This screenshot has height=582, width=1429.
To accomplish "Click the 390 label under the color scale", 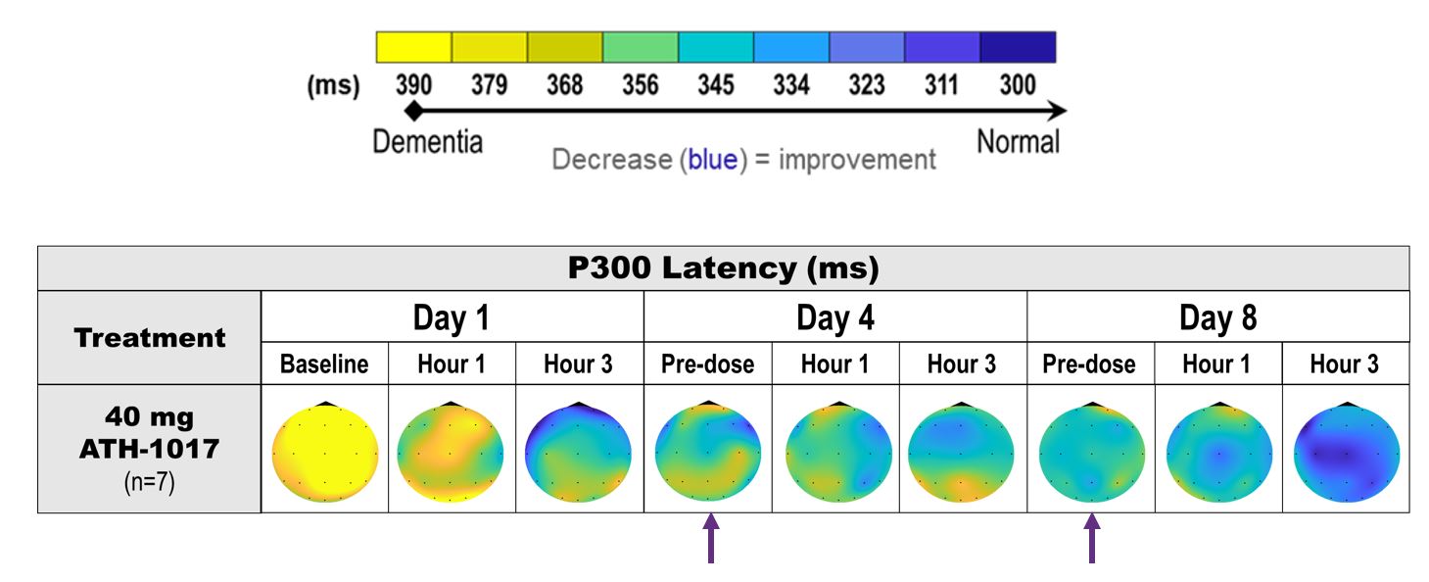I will tap(413, 85).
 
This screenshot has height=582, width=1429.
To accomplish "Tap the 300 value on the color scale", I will tap(1018, 85).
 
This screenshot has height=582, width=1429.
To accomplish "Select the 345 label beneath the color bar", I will tap(716, 85).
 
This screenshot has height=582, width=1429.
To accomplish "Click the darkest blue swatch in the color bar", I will tap(1018, 47).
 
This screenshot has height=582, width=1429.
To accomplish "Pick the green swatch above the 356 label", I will tap(640, 47).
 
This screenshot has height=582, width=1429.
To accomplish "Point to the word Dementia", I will tap(427, 142).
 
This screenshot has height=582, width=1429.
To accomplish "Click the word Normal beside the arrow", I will tap(1019, 142).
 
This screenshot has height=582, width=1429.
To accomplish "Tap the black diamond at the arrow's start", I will tap(414, 111).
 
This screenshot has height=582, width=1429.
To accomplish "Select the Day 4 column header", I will tap(834, 317).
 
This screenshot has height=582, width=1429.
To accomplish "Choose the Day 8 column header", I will tap(1217, 317).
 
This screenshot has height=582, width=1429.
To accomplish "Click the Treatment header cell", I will tap(150, 339).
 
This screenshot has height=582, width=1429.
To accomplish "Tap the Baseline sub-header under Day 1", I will tap(324, 365).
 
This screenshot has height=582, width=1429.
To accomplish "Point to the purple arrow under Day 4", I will tap(710, 540).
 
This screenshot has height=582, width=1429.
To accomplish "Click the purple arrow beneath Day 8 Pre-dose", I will tap(1091, 540).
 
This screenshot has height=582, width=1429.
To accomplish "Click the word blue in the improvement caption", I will tap(712, 160).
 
